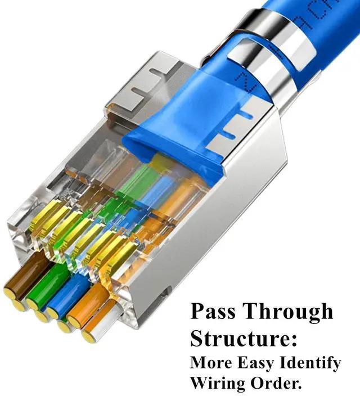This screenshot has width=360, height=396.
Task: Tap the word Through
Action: coord(287,311)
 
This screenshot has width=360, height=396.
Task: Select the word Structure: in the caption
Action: coord(244,339)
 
